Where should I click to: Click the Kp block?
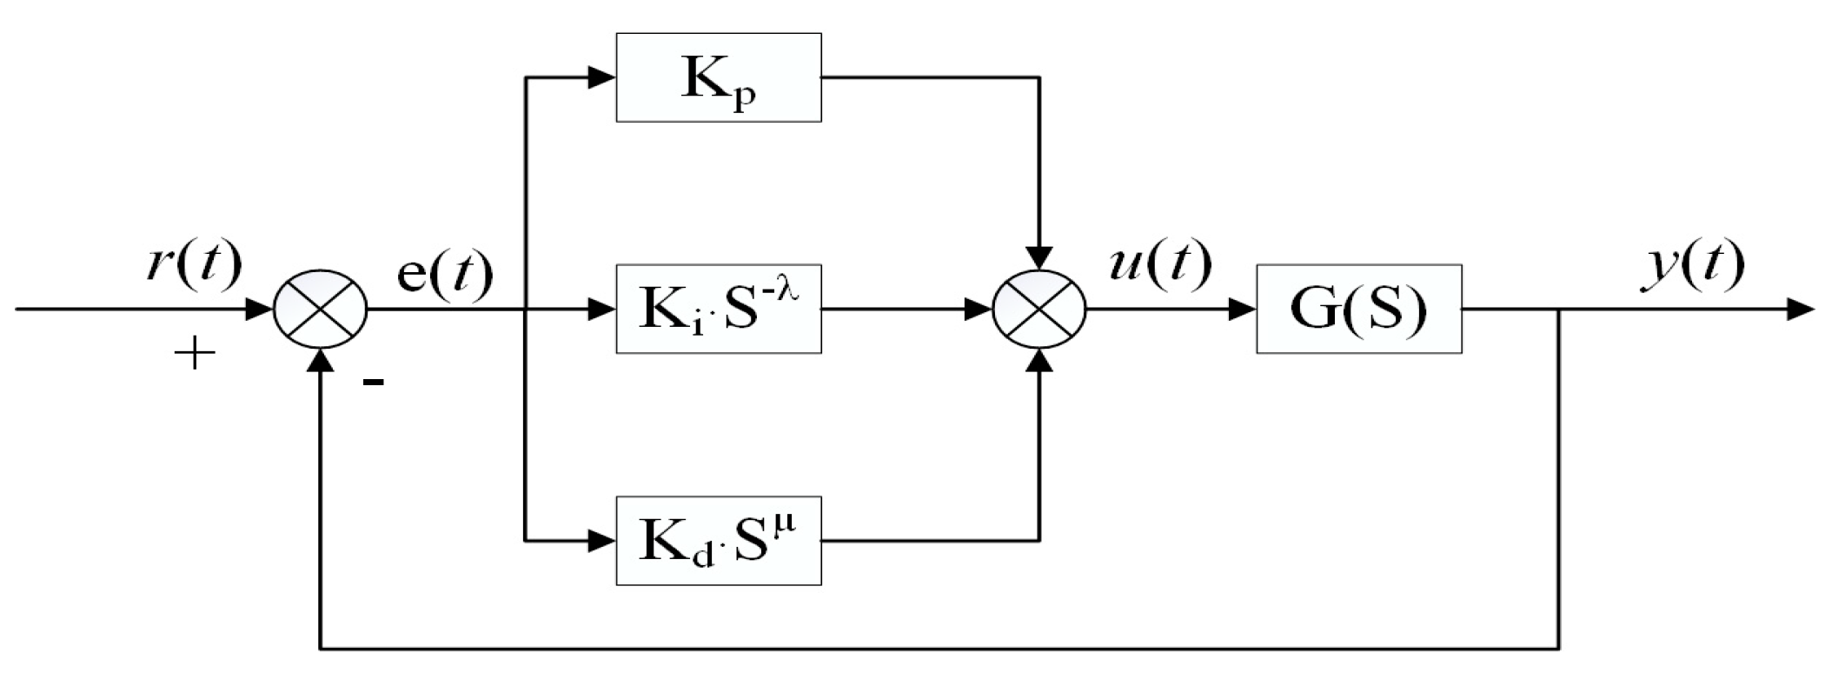coord(718,77)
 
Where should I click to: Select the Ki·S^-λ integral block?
coord(718,309)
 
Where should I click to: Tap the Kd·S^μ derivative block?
coord(718,540)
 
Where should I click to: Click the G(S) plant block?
coord(1358,309)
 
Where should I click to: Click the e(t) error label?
coord(444,274)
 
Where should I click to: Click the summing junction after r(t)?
coord(321,309)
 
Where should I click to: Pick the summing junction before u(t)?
coord(1039,309)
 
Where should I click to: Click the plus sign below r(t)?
coord(194,354)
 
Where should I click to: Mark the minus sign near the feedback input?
coord(374,381)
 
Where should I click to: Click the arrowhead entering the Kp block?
coord(602,77)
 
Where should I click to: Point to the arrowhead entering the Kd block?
coord(602,540)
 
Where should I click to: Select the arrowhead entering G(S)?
coord(1243,309)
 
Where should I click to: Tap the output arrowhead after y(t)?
coord(1801,309)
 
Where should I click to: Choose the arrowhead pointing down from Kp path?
coord(1039,257)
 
